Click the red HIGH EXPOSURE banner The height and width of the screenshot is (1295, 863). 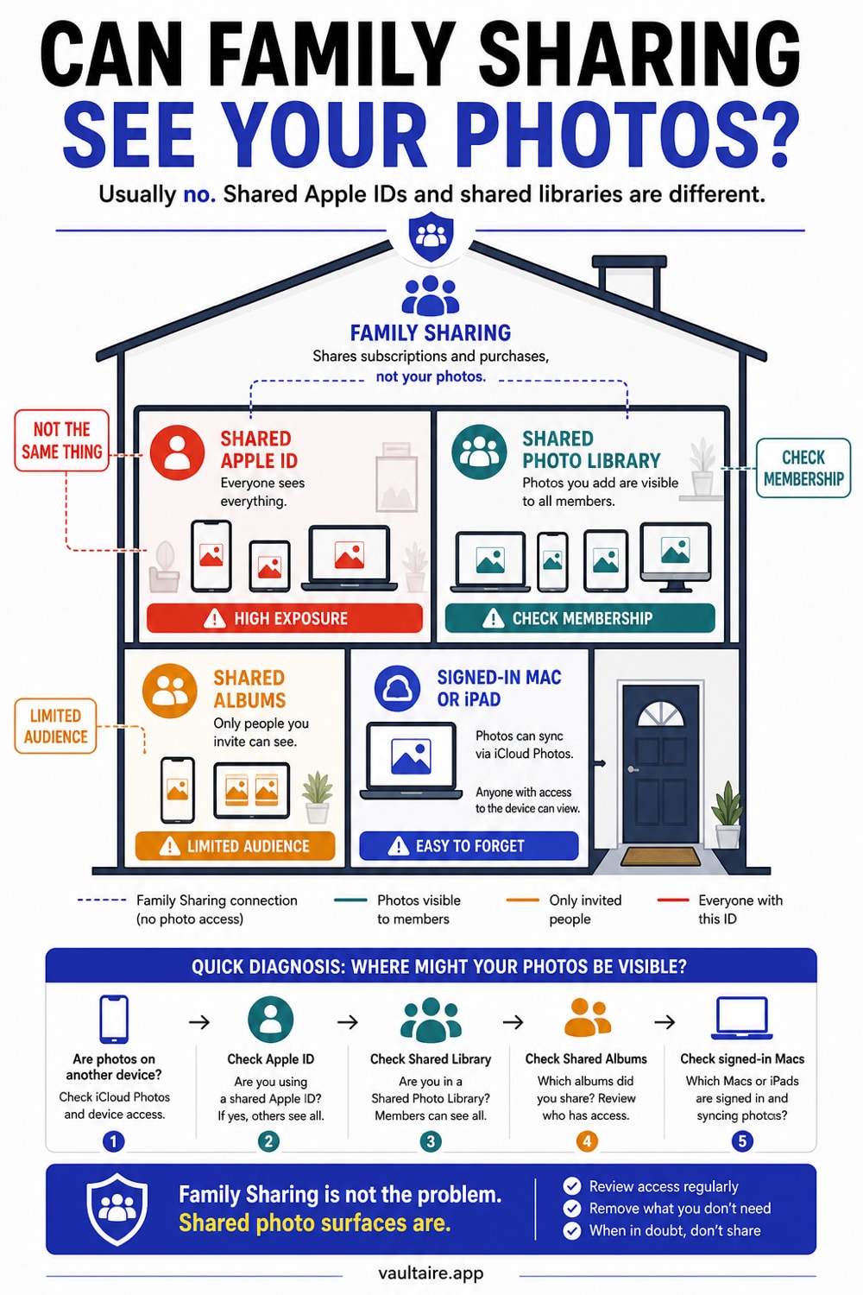(x=285, y=618)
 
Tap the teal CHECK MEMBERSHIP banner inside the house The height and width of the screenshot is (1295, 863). (x=580, y=618)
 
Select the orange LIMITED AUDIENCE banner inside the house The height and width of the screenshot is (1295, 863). (x=236, y=846)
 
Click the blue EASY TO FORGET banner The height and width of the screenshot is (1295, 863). (x=469, y=846)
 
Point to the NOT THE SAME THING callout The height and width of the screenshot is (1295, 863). (x=62, y=440)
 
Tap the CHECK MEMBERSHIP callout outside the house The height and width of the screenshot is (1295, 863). (x=803, y=468)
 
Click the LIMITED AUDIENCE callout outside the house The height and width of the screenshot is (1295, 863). (x=55, y=726)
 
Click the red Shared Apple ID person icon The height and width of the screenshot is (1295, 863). (x=177, y=452)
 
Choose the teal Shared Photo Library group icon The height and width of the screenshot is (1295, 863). (x=479, y=452)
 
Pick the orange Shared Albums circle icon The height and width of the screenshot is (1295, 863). (x=170, y=691)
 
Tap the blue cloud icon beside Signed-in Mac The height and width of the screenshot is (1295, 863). (x=397, y=688)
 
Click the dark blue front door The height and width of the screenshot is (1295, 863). (x=660, y=763)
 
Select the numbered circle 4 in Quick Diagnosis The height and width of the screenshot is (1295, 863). (x=587, y=1141)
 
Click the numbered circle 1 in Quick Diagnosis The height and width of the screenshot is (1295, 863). (x=113, y=1141)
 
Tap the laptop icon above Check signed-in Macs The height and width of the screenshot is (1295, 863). (x=741, y=1018)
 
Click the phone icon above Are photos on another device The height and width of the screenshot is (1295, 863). (x=114, y=1019)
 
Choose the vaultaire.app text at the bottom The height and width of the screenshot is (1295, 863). (x=431, y=1273)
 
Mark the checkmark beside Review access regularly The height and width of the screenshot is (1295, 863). (x=571, y=1186)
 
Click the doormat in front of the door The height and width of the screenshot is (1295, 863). (x=661, y=856)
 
